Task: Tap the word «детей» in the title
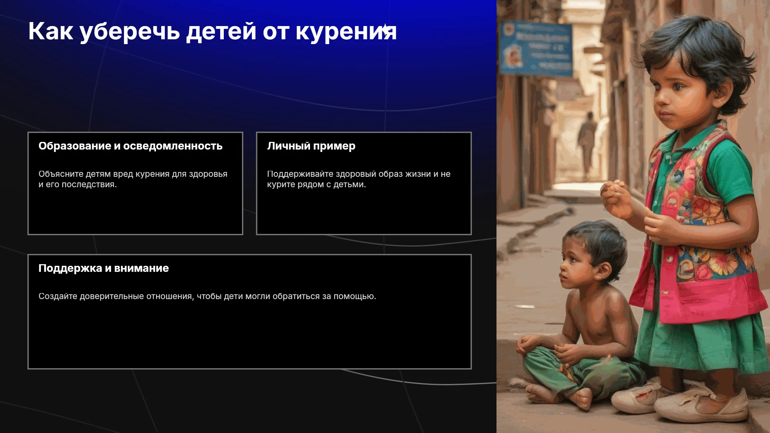[221, 32]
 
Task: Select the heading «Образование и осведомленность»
[130, 146]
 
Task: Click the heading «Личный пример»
[311, 146]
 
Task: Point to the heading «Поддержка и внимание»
[103, 269]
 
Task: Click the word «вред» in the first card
[123, 174]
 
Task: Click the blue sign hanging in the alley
[535, 49]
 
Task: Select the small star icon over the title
[385, 30]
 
